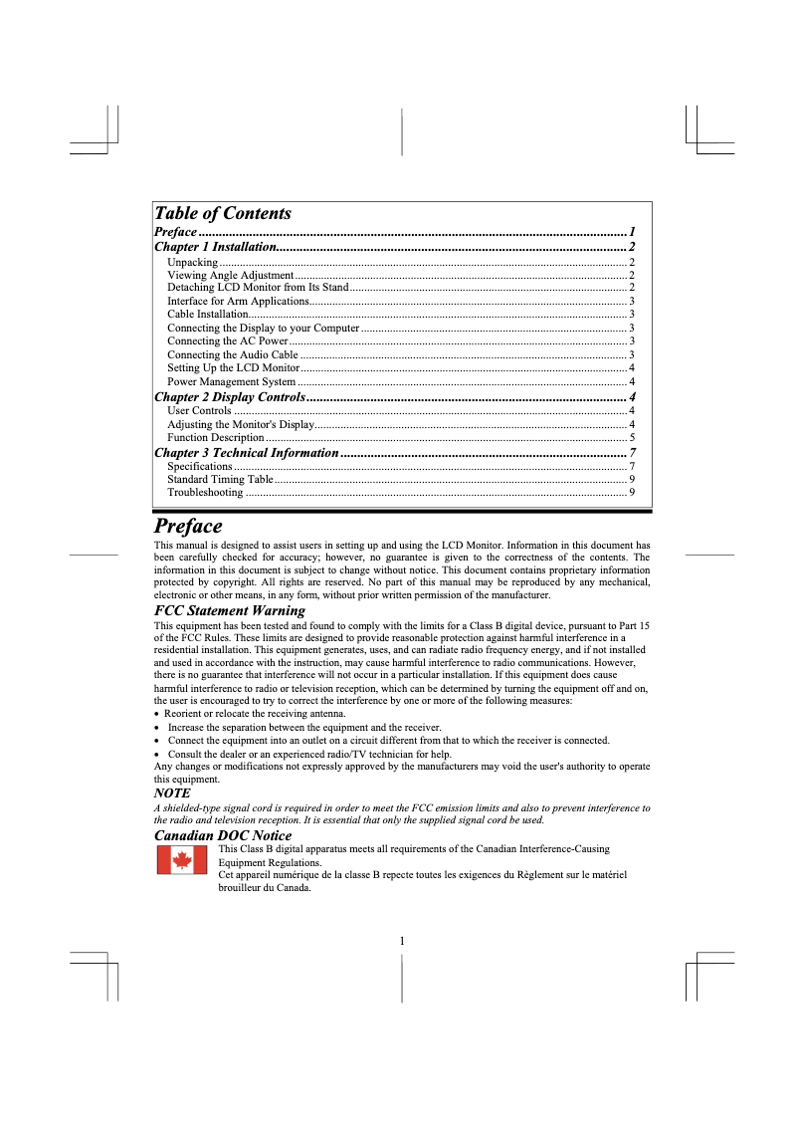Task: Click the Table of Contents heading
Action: point(223,213)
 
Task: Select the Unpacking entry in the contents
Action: point(193,262)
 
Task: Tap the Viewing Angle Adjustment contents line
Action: point(230,275)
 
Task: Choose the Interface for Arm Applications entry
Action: point(238,301)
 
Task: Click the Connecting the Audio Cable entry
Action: point(232,354)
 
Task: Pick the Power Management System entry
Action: point(231,381)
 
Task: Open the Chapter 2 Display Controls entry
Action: point(229,397)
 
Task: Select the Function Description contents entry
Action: point(215,437)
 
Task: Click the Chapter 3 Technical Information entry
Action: point(247,453)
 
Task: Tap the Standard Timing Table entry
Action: point(220,480)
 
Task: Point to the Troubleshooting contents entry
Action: point(205,493)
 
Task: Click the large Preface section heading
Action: point(188,526)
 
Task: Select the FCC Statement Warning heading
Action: point(230,610)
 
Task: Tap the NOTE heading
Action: point(172,793)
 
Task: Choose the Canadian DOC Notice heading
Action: point(223,835)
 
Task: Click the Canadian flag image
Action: point(182,860)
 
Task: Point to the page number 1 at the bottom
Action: point(401,941)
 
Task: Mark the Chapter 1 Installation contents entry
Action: point(216,246)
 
